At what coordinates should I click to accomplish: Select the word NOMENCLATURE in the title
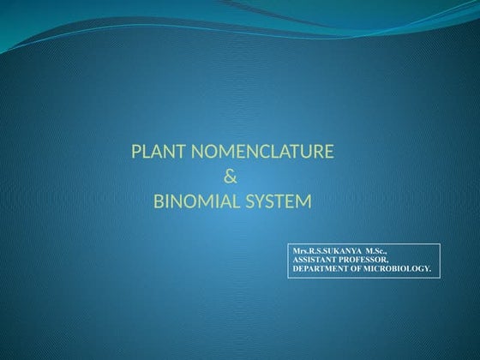(261, 153)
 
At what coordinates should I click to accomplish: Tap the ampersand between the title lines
(229, 178)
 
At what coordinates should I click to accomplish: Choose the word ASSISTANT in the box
(316, 259)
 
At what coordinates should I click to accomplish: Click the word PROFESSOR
(365, 259)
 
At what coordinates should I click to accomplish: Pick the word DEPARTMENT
(324, 268)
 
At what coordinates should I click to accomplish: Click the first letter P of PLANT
(135, 153)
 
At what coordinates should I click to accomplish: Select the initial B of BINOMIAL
(157, 203)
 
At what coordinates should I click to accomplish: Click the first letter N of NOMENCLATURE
(195, 153)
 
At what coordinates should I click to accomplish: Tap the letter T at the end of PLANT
(182, 153)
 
